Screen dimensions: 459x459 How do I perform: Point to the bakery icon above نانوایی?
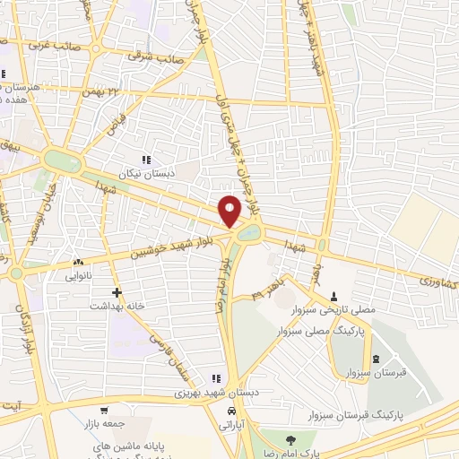[x=77, y=264]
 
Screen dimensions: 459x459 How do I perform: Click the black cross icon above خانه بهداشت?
[x=116, y=292]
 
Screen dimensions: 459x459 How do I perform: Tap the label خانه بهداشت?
[x=116, y=306]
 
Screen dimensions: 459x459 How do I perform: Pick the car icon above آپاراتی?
[x=232, y=410]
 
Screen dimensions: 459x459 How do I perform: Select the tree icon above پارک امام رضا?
[x=290, y=438]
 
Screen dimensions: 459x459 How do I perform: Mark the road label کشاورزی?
[x=433, y=281]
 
